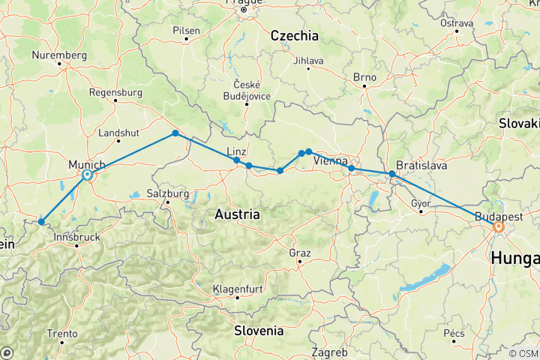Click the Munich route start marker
(x=88, y=175)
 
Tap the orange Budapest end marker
(x=497, y=226)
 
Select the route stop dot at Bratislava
(x=391, y=174)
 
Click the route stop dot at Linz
(x=237, y=160)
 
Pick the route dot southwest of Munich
(x=40, y=221)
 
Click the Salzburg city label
(x=166, y=193)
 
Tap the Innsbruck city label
(x=77, y=237)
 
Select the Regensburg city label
(x=115, y=92)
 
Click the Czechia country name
(x=294, y=35)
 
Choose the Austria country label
(x=237, y=214)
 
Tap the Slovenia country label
(x=257, y=330)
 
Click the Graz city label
(x=300, y=253)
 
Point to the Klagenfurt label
(x=237, y=288)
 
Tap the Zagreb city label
(x=331, y=352)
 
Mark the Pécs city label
(x=455, y=332)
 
